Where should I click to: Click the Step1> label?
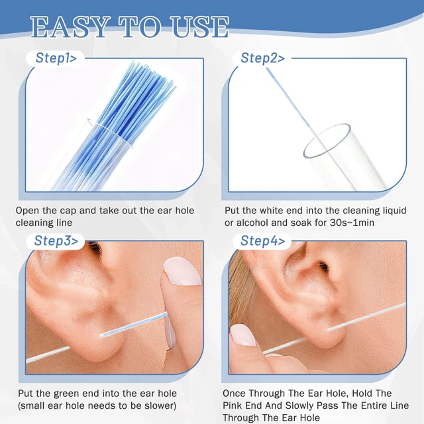pyautogui.click(x=56, y=58)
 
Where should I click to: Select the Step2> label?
pyautogui.click(x=262, y=58)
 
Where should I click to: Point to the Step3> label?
pyautogui.click(x=56, y=240)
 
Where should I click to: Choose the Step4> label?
pyautogui.click(x=262, y=240)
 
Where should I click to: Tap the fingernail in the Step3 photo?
pyautogui.click(x=182, y=271)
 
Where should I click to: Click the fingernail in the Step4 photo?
pyautogui.click(x=242, y=335)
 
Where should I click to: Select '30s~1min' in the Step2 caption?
pyautogui.click(x=352, y=223)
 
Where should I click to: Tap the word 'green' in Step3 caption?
pyautogui.click(x=67, y=394)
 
